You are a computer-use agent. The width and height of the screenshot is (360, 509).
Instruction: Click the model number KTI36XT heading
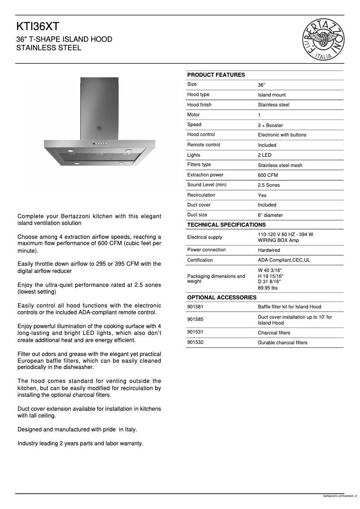pyautogui.click(x=38, y=26)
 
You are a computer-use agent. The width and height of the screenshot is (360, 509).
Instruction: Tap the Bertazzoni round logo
pyautogui.click(x=324, y=39)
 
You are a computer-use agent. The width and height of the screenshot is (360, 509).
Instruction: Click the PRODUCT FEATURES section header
pyautogui.click(x=216, y=75)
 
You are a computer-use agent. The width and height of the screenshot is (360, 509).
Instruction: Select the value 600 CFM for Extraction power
pyautogui.click(x=268, y=175)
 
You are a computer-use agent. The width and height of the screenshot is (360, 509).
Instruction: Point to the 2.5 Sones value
pyautogui.click(x=268, y=185)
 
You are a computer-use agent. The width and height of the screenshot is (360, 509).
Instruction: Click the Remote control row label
pyautogui.click(x=203, y=145)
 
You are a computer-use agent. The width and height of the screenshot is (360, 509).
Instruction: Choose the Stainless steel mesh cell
pyautogui.click(x=280, y=165)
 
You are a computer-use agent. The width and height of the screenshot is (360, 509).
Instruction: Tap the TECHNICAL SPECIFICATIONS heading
pyautogui.click(x=226, y=224)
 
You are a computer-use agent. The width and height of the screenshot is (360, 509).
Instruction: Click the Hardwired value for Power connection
pyautogui.click(x=268, y=250)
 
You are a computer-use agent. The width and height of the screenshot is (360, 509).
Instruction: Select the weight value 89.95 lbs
pyautogui.click(x=268, y=288)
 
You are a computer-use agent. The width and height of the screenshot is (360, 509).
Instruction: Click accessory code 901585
pyautogui.click(x=195, y=320)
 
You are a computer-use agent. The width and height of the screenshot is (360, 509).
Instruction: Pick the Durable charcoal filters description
pyautogui.click(x=282, y=342)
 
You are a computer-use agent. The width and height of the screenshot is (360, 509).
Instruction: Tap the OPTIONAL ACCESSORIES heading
pyautogui.click(x=222, y=297)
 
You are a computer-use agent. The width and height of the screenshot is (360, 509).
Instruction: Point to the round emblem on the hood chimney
pyautogui.click(x=99, y=128)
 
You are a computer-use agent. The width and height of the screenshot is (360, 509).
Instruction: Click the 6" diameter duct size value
pyautogui.click(x=270, y=215)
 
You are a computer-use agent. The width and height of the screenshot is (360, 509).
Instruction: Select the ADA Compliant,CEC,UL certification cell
pyautogui.click(x=284, y=260)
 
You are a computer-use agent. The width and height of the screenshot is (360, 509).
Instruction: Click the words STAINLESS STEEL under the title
pyautogui.click(x=49, y=48)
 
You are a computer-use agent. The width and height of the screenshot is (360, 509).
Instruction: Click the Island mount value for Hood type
pyautogui.click(x=272, y=95)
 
